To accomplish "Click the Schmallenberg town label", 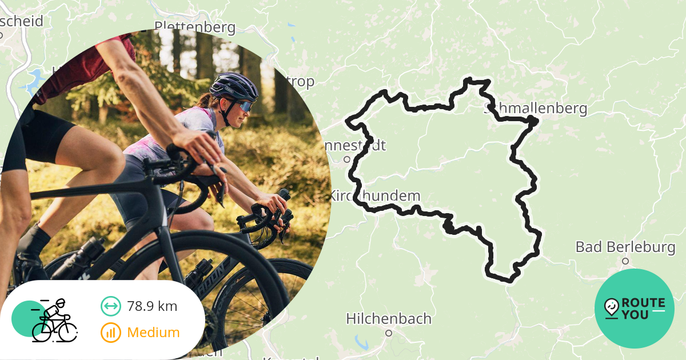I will tap(536, 109).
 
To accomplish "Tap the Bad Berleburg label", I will tap(625, 248).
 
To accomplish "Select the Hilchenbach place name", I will tap(389, 318).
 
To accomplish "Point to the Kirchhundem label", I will tap(374, 196).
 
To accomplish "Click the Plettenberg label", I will tap(195, 27).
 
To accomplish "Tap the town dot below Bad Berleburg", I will tap(625, 261).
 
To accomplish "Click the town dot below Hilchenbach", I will tap(389, 333).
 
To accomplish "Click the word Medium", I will tap(153, 332).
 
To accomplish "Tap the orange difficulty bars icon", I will tap(111, 332).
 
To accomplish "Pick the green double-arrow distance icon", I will tap(111, 306).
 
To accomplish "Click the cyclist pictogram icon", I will tap(54, 321).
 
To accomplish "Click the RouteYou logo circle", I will tap(635, 309).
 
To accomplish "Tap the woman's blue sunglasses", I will tap(245, 106).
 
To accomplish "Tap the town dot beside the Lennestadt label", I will tap(346, 159).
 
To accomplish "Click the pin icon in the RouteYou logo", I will tap(611, 308).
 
